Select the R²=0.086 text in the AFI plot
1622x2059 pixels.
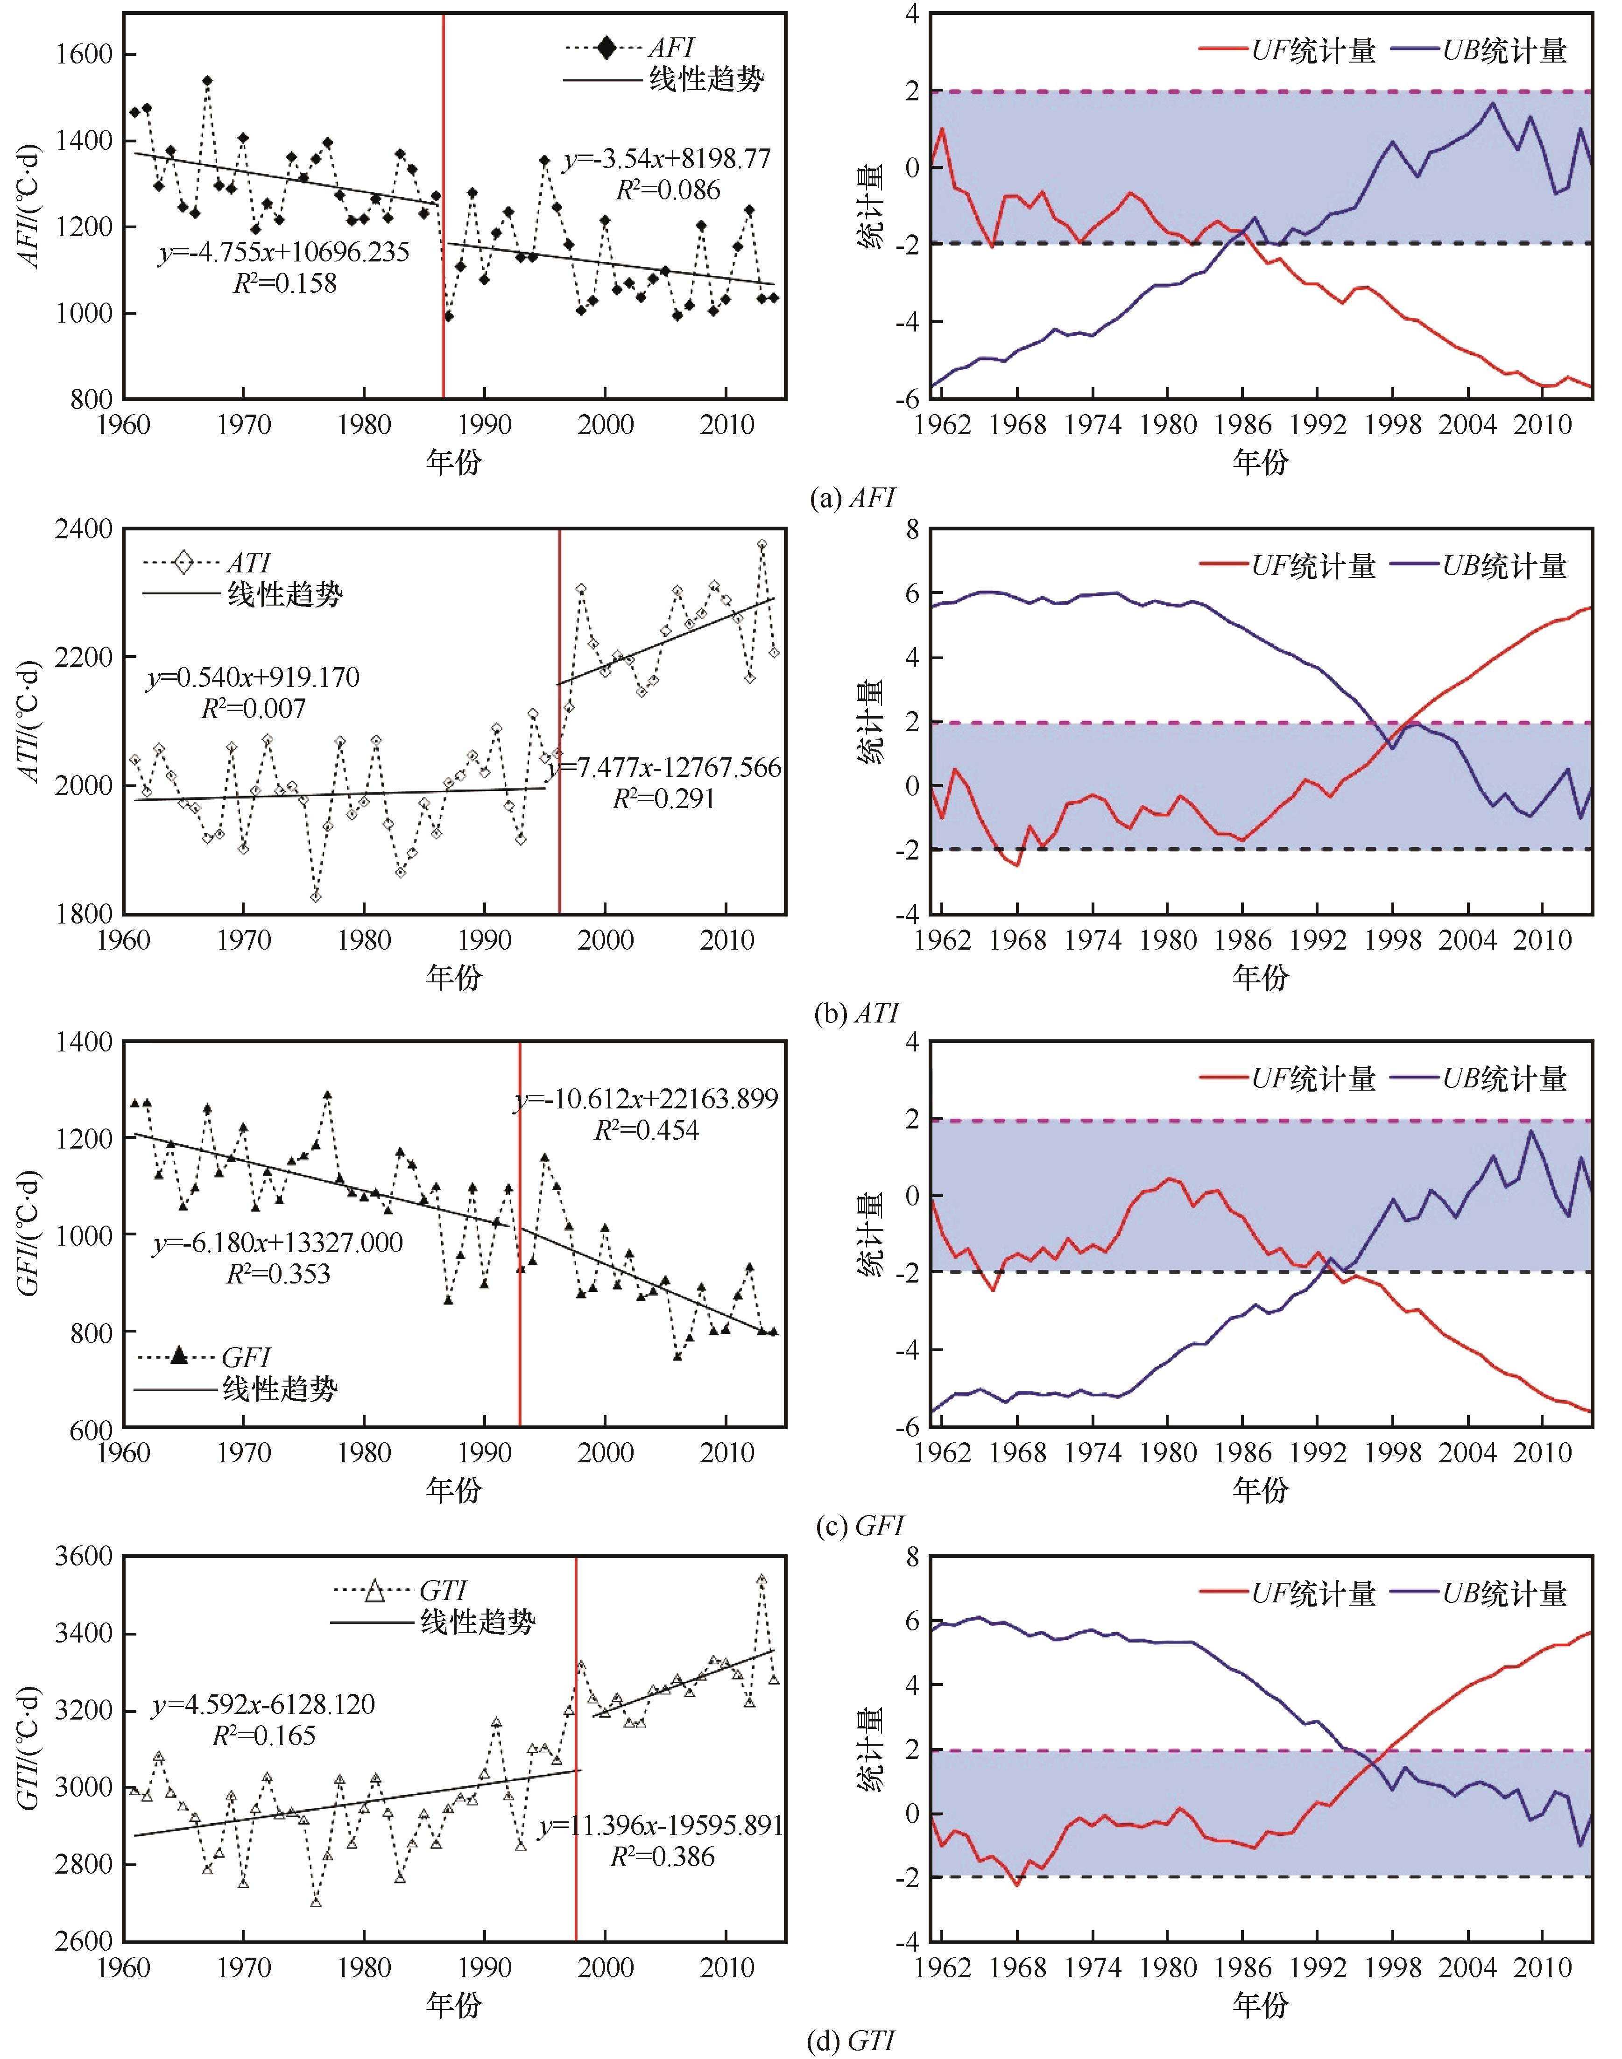click(668, 190)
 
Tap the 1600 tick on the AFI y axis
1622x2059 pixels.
click(84, 54)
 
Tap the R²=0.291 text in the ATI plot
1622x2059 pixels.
click(663, 799)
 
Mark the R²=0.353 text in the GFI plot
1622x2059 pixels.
click(278, 1275)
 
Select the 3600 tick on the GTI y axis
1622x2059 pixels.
click(84, 1557)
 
